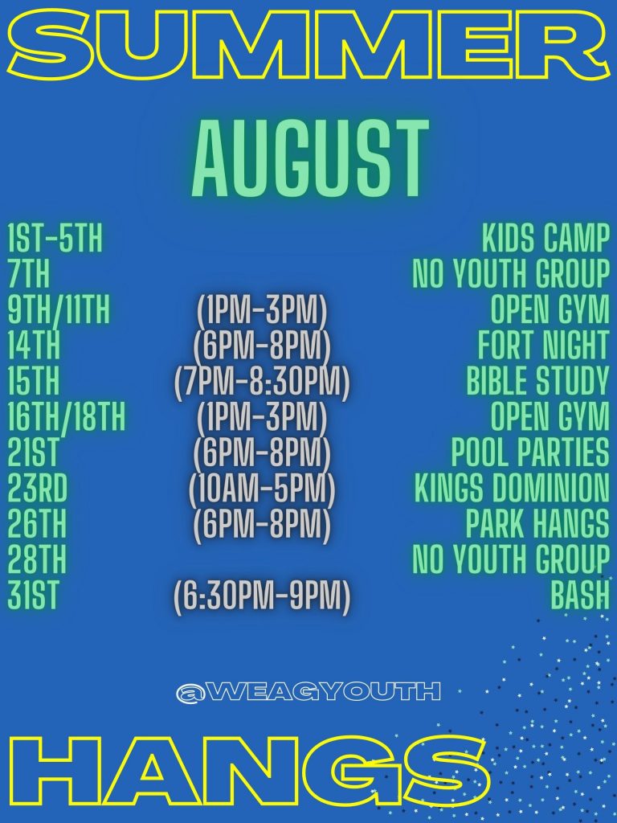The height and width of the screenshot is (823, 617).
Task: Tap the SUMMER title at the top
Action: tap(305, 46)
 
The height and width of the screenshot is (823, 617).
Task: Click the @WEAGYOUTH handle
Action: tap(308, 692)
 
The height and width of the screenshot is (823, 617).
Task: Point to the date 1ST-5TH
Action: tap(55, 238)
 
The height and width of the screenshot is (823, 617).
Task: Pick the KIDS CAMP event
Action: tap(546, 238)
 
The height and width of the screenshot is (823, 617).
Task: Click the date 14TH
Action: tap(34, 345)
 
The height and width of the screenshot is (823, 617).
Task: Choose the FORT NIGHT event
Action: tap(544, 345)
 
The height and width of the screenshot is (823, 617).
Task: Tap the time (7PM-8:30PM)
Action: tap(262, 380)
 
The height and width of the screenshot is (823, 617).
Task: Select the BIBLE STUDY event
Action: tap(538, 380)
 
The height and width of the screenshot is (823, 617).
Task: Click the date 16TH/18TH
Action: tap(67, 416)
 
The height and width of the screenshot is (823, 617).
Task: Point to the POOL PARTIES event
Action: tap(530, 452)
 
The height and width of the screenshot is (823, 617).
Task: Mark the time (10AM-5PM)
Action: tap(262, 488)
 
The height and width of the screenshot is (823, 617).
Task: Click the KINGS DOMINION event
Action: tap(512, 488)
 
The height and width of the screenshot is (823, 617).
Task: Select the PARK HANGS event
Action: tap(537, 523)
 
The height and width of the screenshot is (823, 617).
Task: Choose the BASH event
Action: tap(580, 595)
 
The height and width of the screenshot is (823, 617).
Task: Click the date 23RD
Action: tap(37, 488)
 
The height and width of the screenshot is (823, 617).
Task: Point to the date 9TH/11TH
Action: tap(59, 309)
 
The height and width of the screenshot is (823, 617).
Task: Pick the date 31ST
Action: tap(32, 595)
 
